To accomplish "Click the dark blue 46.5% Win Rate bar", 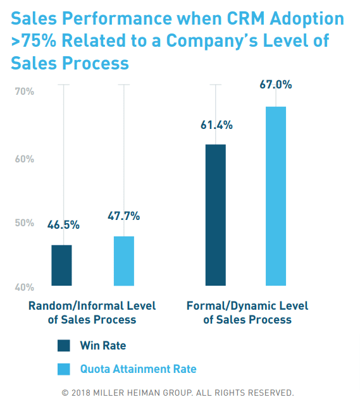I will coord(61,265).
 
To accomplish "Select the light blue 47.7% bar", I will coord(123,261).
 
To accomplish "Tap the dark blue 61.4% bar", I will coord(215,215).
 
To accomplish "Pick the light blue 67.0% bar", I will coord(276,196).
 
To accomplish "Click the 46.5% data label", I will coord(62,224).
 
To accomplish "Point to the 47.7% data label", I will coord(123,216).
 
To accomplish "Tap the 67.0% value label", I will coord(276,85).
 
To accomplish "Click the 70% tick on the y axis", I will coord(24,92).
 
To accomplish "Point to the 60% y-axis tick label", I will coord(24,159).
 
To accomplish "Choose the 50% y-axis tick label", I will coord(24,223).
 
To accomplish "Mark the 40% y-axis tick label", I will coord(24,287).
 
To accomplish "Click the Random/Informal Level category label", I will coord(92,312).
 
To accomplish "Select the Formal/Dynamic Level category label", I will coord(247,312).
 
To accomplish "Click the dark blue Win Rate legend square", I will coord(65,346).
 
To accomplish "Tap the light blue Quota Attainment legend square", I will coord(65,369).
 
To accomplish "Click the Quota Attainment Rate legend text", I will coord(138,369).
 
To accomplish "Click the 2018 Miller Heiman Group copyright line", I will coord(178,392).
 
